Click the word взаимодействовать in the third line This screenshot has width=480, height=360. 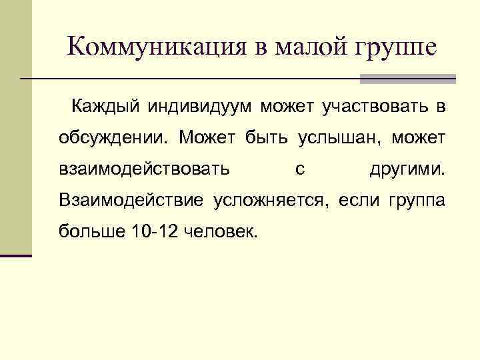coord(145,169)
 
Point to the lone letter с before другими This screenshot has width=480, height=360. coord(300,170)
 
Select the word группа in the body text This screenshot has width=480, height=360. coord(415,201)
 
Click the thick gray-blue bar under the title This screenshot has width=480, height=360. coord(407,79)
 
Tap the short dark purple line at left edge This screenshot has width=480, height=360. coord(16,255)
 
